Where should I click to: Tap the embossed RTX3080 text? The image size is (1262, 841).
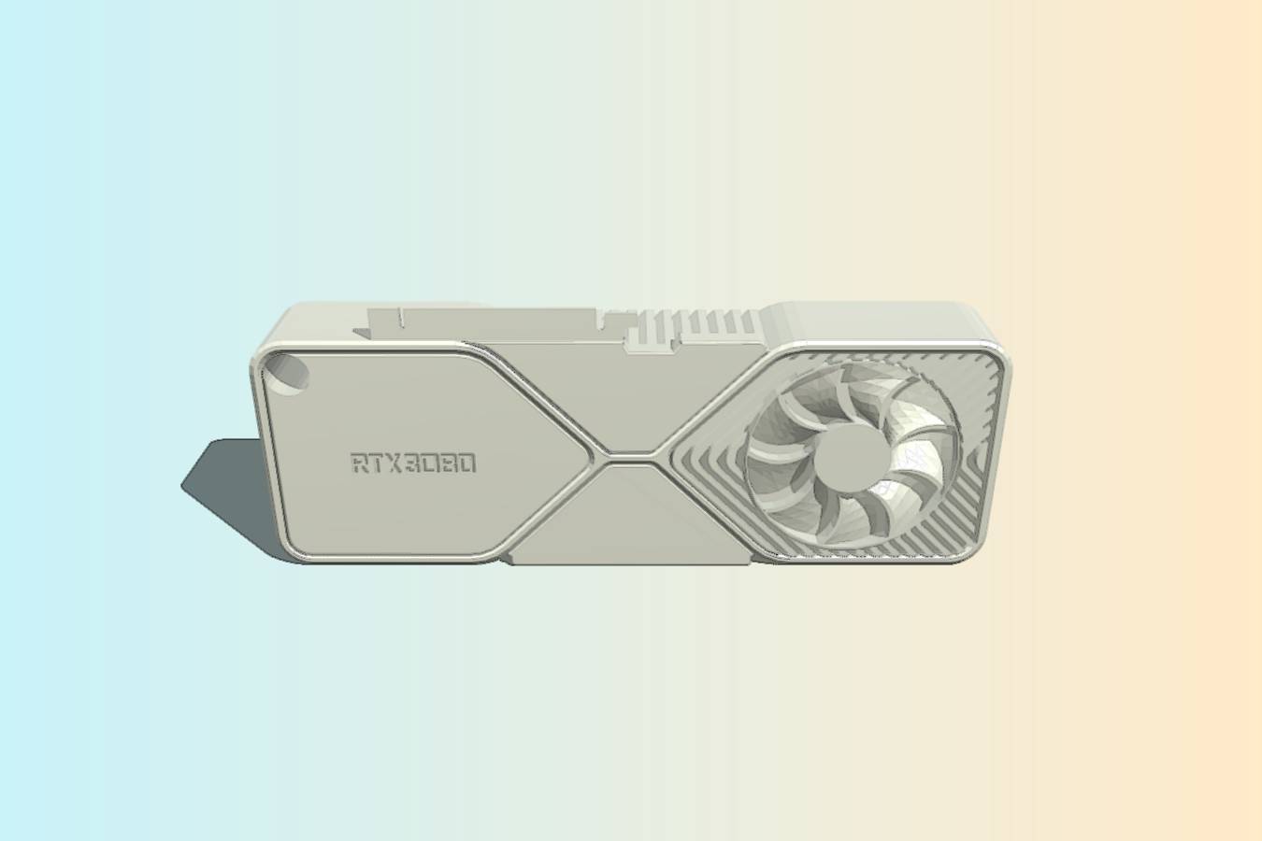(413, 463)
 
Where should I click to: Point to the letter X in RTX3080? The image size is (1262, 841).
(394, 463)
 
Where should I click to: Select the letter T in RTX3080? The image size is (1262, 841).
(378, 463)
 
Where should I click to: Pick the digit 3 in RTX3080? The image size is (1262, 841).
(413, 463)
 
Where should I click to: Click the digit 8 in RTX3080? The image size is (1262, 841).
(449, 463)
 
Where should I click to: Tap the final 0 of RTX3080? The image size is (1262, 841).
(467, 463)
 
